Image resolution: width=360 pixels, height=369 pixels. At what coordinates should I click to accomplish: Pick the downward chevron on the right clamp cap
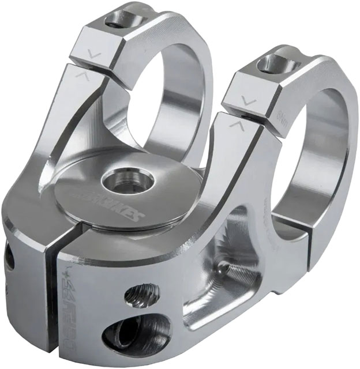pyautogui.click(x=249, y=101)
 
